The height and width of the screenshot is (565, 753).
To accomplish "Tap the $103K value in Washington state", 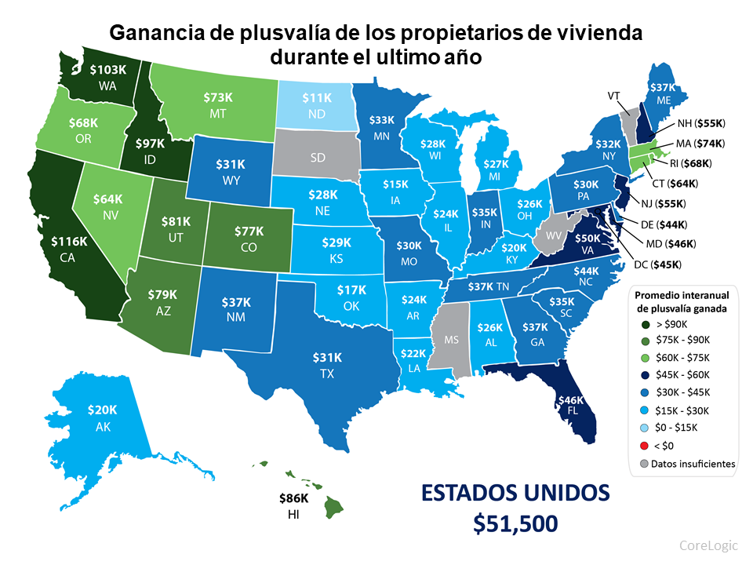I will pos(107,70).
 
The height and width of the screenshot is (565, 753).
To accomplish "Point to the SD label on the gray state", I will pos(317,157).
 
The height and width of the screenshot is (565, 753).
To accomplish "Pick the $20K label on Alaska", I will pos(103,410).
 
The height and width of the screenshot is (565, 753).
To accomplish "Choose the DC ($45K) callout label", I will pos(657,264).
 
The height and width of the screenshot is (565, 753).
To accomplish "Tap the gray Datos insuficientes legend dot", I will pos(645,464).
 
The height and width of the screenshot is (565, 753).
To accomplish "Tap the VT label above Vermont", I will pos(616,95).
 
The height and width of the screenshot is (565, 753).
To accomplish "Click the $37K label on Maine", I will pos(663,87).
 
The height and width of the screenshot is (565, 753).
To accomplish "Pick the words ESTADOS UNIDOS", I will pos(515,493).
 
